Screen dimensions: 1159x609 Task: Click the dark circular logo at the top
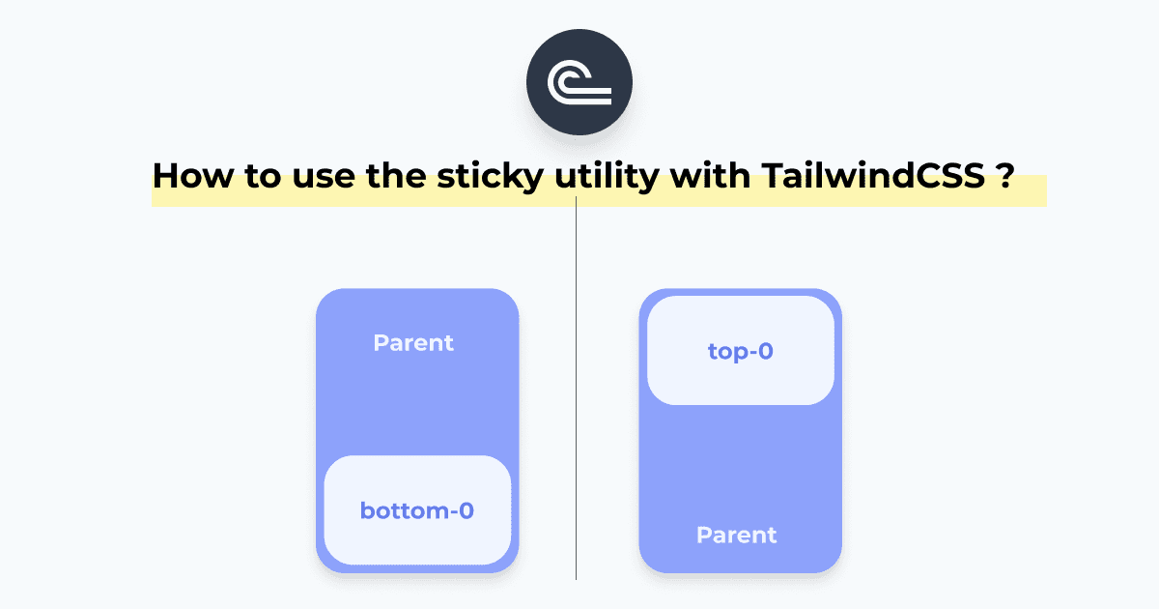(x=579, y=82)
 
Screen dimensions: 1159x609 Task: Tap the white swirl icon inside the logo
(x=579, y=82)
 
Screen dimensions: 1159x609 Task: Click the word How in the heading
(x=193, y=176)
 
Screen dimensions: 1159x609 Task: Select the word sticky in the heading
(x=490, y=177)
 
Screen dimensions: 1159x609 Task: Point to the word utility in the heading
(x=607, y=177)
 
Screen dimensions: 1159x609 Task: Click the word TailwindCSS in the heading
(x=873, y=176)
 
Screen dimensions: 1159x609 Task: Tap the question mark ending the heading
(x=1006, y=176)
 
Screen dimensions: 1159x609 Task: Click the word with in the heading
(x=710, y=176)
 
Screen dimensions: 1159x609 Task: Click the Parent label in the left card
(x=413, y=343)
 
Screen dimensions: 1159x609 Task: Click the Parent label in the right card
(x=736, y=535)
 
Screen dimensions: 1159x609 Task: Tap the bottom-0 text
(x=417, y=510)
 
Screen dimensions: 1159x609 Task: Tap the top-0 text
(x=741, y=351)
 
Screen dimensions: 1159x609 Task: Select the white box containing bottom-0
(x=417, y=510)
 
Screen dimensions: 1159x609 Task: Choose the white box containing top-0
(x=741, y=351)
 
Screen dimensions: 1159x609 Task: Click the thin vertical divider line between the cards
(x=576, y=388)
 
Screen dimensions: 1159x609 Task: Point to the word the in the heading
(x=396, y=176)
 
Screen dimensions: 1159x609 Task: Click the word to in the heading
(x=263, y=177)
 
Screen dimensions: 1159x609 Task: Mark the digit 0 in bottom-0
(x=466, y=510)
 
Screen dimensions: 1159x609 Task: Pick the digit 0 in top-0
(x=765, y=351)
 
